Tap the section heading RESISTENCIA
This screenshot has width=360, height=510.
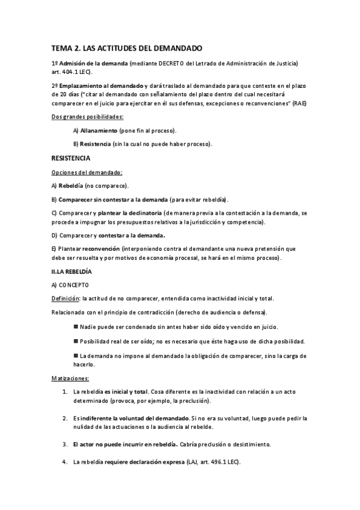[x=71, y=159]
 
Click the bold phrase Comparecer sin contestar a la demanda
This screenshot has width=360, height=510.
[x=113, y=199]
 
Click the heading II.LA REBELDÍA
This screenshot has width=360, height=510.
[x=72, y=271]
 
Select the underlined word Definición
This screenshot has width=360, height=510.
[x=66, y=298]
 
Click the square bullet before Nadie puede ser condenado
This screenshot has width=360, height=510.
[x=75, y=327]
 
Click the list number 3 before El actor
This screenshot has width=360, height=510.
[x=64, y=444]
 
